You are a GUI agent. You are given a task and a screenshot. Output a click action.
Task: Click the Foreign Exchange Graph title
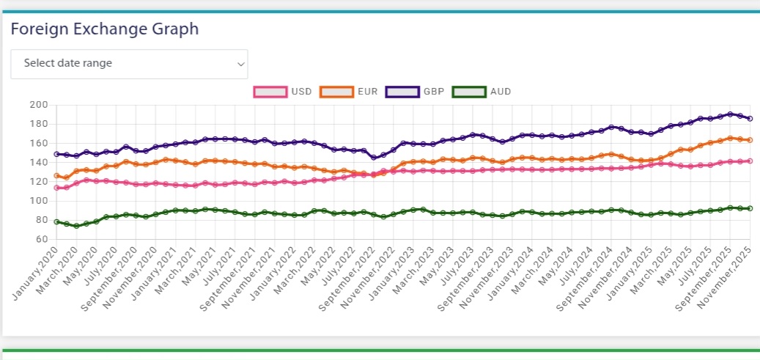[105, 29]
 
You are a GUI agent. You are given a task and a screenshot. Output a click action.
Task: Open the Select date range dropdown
[129, 64]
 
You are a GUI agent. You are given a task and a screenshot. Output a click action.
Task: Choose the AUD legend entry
[482, 92]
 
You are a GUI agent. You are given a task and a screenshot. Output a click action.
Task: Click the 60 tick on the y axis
[42, 240]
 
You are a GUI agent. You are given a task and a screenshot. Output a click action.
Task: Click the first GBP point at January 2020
[56, 154]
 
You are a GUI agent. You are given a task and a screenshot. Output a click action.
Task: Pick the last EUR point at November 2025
[750, 140]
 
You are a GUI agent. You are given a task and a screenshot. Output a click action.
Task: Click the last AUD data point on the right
[750, 208]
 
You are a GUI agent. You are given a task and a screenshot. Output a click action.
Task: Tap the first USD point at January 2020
[56, 188]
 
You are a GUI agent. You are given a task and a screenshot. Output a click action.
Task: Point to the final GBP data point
[750, 119]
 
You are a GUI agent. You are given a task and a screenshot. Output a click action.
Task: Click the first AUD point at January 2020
[56, 221]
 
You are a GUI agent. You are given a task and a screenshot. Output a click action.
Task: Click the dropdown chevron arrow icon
[240, 64]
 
